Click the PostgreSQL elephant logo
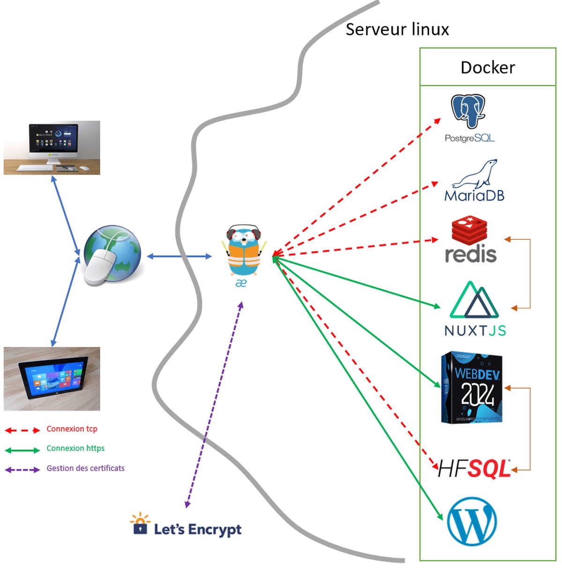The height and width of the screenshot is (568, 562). click(468, 111)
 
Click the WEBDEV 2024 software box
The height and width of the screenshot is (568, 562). click(472, 388)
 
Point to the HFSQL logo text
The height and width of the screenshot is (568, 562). click(473, 469)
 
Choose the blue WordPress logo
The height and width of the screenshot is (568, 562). click(472, 522)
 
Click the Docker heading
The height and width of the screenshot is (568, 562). click(488, 67)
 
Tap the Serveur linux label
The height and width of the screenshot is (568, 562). click(397, 30)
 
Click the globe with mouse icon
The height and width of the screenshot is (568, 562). click(112, 256)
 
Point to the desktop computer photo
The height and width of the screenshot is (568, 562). click(52, 148)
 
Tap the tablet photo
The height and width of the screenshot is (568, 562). click(52, 378)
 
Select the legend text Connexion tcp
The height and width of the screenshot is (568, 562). click(72, 429)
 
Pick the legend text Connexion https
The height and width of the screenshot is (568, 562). click(75, 449)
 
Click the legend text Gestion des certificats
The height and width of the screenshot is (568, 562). click(85, 468)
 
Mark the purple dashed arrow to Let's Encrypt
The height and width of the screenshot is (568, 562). click(214, 405)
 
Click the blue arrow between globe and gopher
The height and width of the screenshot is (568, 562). click(179, 256)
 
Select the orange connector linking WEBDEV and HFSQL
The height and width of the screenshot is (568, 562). click(530, 428)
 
